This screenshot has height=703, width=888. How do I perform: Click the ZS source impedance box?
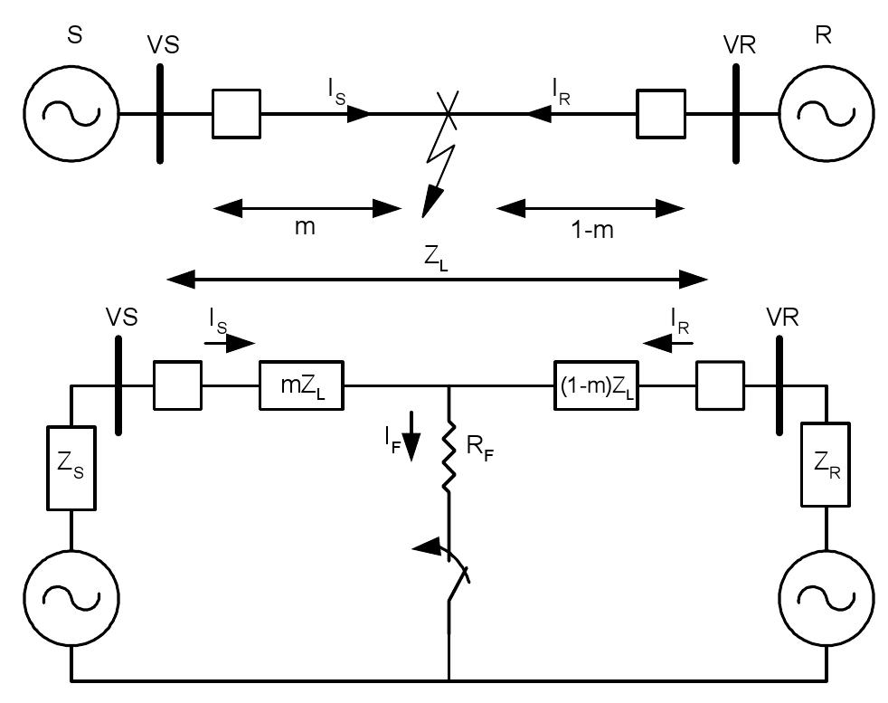(71, 468)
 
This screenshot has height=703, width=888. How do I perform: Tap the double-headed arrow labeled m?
(307, 209)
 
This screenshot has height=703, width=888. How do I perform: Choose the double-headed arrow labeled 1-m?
(590, 209)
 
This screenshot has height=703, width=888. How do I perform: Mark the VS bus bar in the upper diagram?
(160, 114)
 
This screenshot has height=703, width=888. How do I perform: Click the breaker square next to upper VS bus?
(236, 114)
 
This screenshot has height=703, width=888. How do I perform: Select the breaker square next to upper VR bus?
(660, 114)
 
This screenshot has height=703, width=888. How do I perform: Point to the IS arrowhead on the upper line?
(360, 114)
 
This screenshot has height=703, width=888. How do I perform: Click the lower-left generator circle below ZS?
(71, 597)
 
